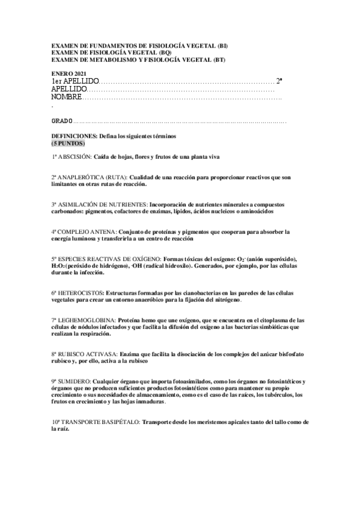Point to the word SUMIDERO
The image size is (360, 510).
point(75,381)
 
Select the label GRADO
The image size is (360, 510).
point(62,121)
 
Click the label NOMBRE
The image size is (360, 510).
point(66,97)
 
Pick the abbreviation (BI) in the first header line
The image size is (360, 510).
point(222,46)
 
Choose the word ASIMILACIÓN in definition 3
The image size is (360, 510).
point(80,204)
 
